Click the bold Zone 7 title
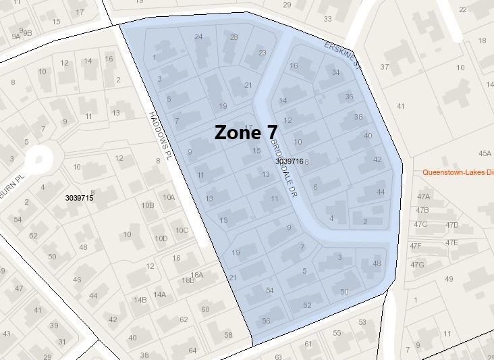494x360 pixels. [246, 132]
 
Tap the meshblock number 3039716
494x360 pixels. [290, 161]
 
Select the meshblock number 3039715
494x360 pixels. [79, 198]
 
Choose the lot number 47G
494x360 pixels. [417, 264]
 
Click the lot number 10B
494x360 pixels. [147, 205]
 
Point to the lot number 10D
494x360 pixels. [161, 238]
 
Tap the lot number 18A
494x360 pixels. [196, 275]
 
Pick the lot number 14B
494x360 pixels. [140, 300]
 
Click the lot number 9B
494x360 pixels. [28, 32]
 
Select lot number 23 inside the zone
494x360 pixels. [263, 53]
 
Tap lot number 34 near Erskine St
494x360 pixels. [336, 72]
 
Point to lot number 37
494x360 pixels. [385, 67]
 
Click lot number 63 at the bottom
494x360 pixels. [278, 356]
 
